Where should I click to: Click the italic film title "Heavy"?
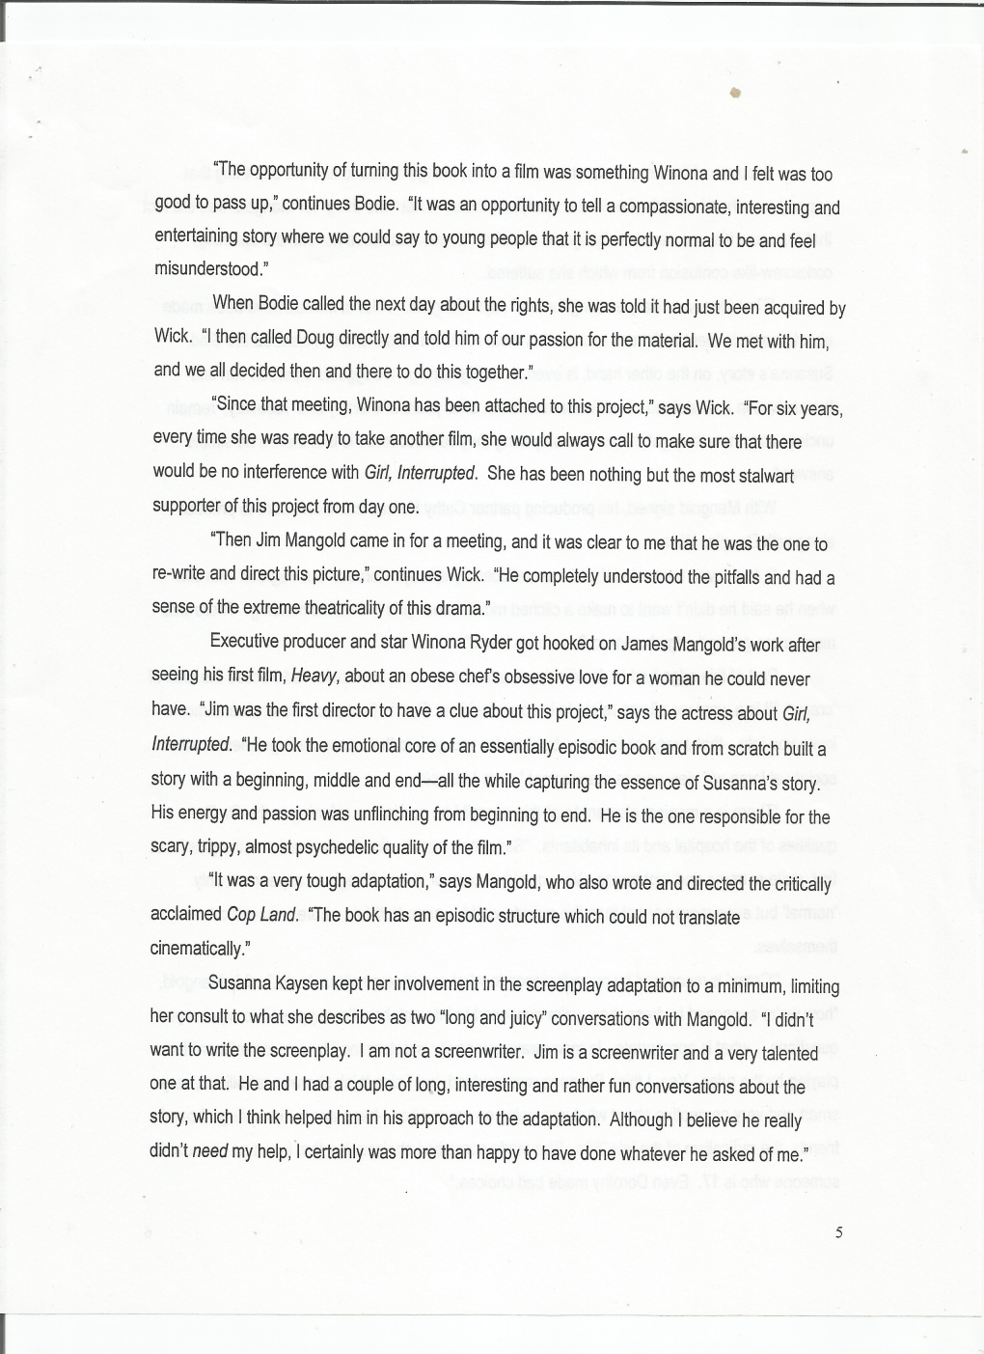click(x=312, y=678)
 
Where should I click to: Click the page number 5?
click(x=838, y=1231)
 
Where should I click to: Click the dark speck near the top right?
click(x=734, y=93)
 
